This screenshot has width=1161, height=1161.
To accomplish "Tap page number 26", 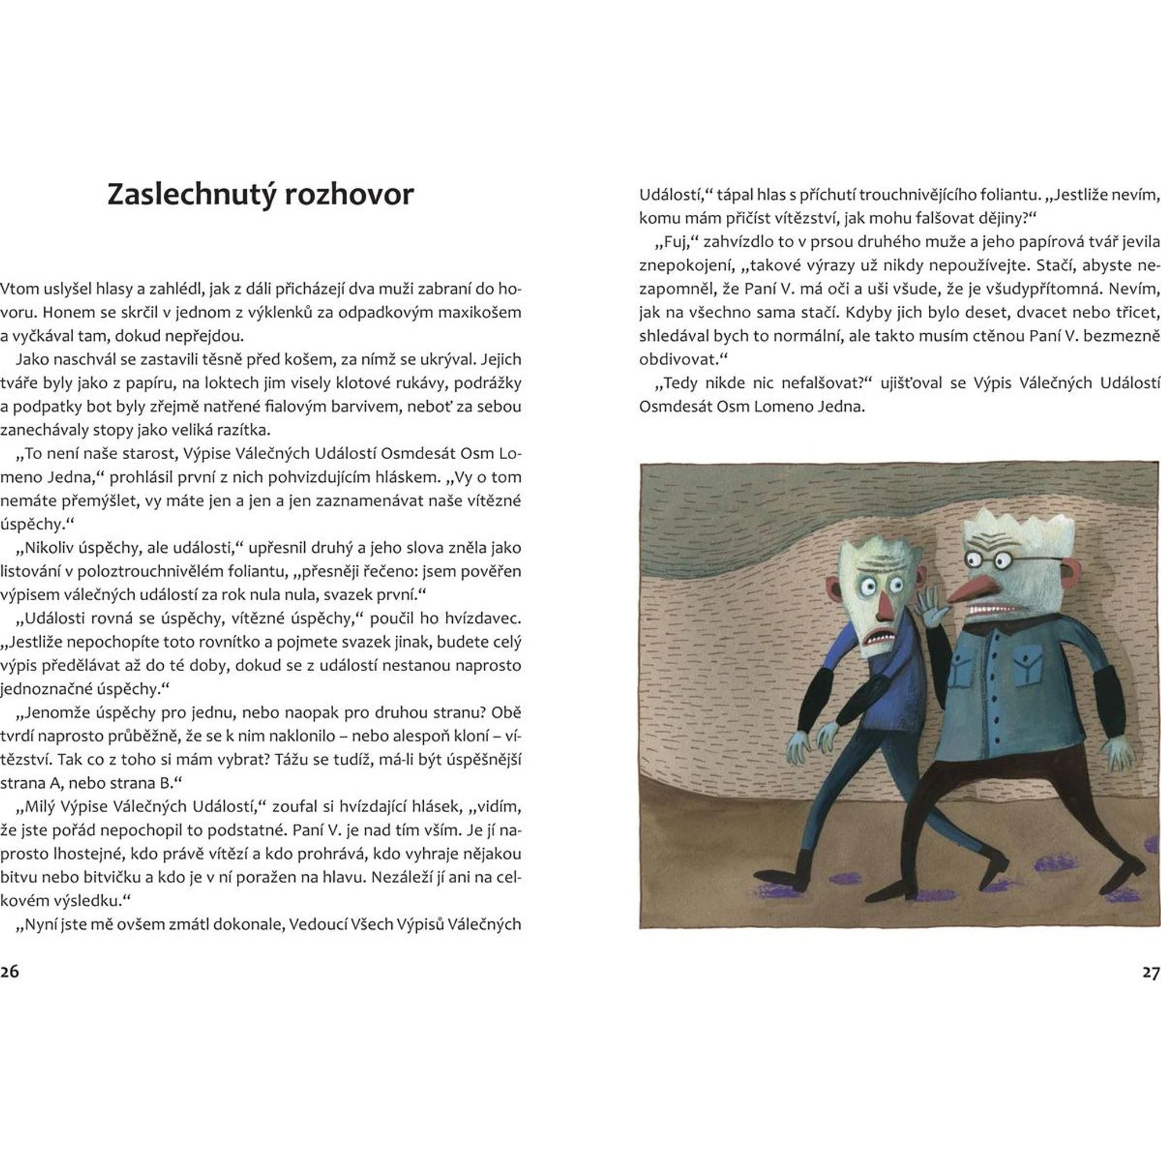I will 10,972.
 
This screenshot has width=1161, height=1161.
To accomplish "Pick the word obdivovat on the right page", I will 678,360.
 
